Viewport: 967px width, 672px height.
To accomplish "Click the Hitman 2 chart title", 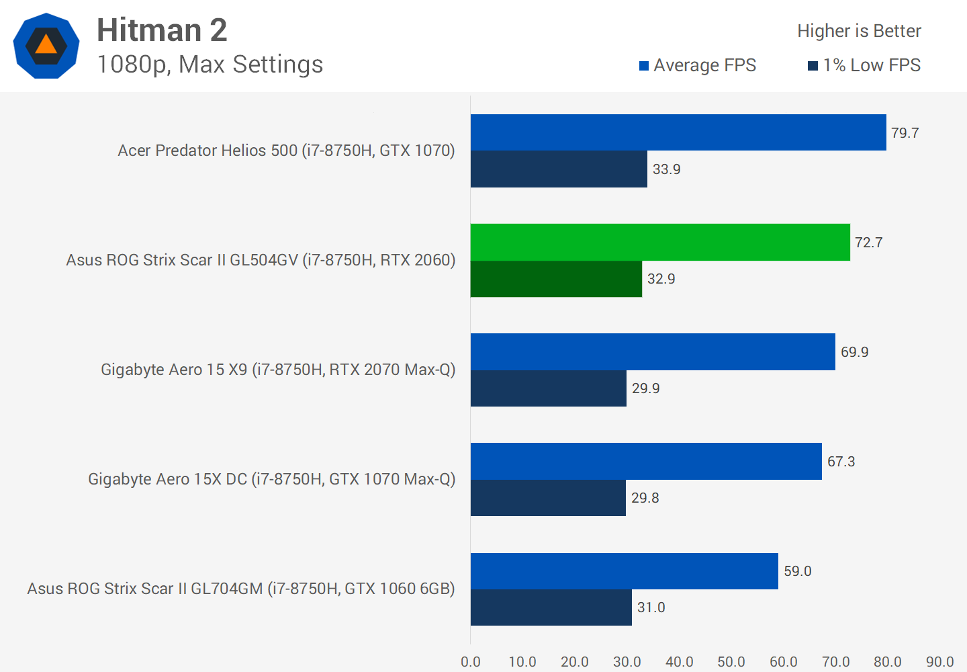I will [x=162, y=30].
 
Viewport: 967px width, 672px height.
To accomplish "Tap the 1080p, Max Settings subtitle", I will [x=210, y=65].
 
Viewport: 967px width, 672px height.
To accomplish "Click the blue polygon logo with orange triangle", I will [x=46, y=46].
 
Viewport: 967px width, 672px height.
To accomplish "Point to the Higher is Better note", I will [x=859, y=31].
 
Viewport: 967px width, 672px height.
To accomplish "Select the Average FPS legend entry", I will [x=698, y=65].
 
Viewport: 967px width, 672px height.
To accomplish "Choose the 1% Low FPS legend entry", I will [x=864, y=65].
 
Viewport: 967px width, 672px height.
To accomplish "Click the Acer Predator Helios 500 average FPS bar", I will [x=678, y=132].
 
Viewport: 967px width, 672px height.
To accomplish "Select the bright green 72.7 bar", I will [x=660, y=242].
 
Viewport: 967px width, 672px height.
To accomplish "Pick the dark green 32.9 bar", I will [x=556, y=279].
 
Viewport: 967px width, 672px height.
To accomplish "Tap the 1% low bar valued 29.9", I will [x=549, y=388].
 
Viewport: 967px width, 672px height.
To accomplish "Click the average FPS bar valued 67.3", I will [x=646, y=461].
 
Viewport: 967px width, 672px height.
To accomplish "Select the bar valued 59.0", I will [x=625, y=571].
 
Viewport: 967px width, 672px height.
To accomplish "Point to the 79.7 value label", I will [x=905, y=133].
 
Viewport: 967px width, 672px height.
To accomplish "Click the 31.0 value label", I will [x=651, y=607].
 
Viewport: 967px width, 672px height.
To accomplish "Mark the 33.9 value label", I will [x=666, y=169].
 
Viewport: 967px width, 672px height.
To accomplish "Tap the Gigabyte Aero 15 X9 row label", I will [x=278, y=370].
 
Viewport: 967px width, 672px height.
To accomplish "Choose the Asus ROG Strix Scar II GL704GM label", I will [x=241, y=589].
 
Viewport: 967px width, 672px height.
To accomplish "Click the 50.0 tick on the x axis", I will [x=731, y=662].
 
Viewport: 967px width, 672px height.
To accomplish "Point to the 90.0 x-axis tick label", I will [x=939, y=662].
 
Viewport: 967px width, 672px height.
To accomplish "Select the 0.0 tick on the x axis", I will [x=471, y=662].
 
